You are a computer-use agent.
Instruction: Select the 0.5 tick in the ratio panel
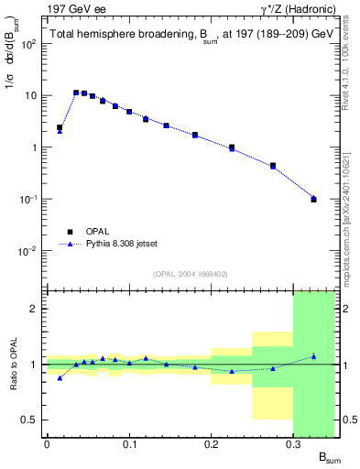tap(35, 420)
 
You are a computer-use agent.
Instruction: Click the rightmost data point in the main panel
tap(313, 199)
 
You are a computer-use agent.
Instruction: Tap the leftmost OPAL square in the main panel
tap(60, 127)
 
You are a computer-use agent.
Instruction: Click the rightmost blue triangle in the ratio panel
tap(313, 356)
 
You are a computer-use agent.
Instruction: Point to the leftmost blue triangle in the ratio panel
tap(60, 377)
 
